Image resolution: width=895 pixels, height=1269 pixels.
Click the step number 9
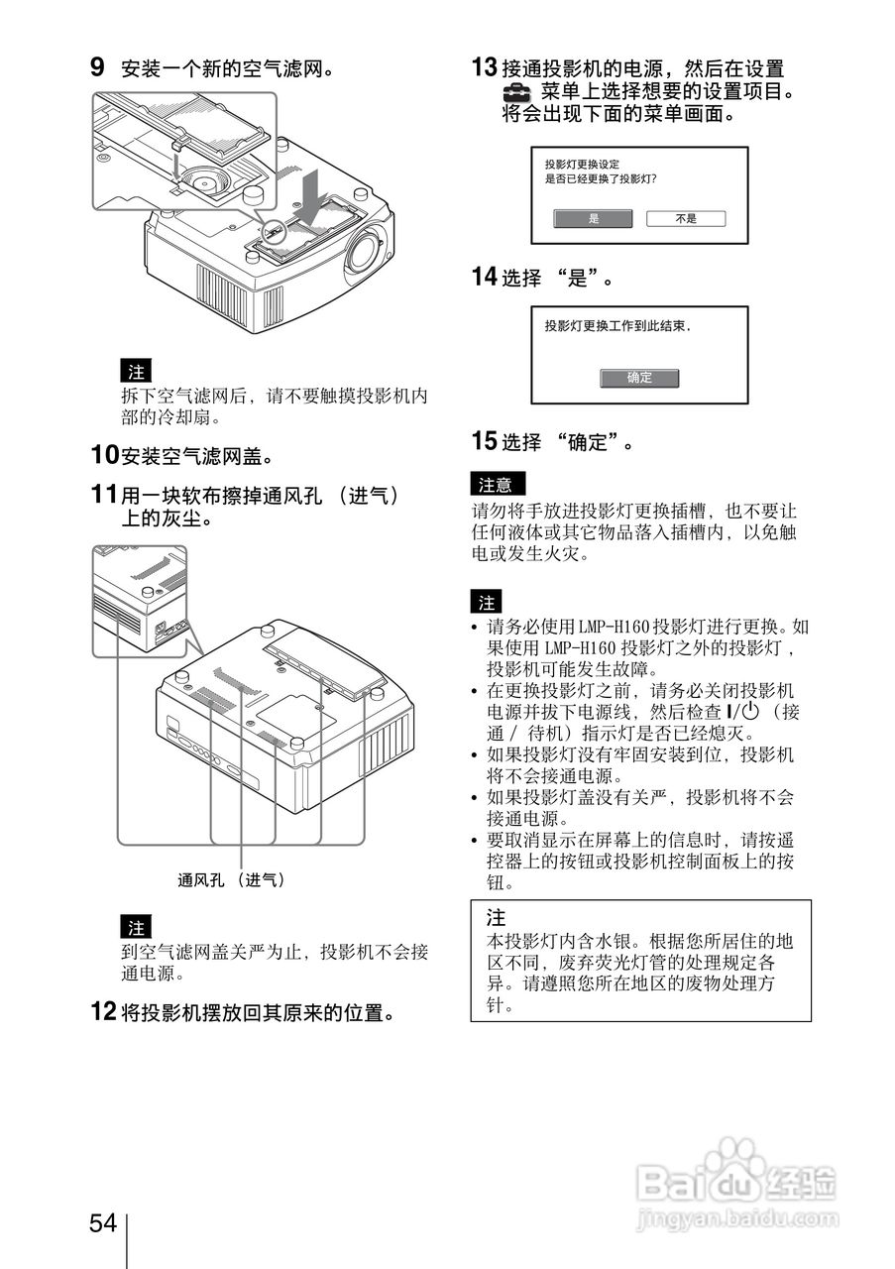pos(97,67)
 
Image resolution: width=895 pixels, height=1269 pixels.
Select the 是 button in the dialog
pos(594,219)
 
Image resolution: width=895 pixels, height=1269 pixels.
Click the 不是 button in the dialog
pos(686,219)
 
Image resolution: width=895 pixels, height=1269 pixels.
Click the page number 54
pos(103,1223)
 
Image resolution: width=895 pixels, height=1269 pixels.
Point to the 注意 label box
pos(497,485)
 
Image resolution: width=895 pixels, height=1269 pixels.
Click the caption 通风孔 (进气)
pos(231,879)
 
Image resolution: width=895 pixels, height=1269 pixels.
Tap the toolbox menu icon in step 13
pos(516,92)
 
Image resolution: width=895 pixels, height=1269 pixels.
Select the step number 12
pos(103,1012)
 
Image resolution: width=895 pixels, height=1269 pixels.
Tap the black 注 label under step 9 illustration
pos(136,373)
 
